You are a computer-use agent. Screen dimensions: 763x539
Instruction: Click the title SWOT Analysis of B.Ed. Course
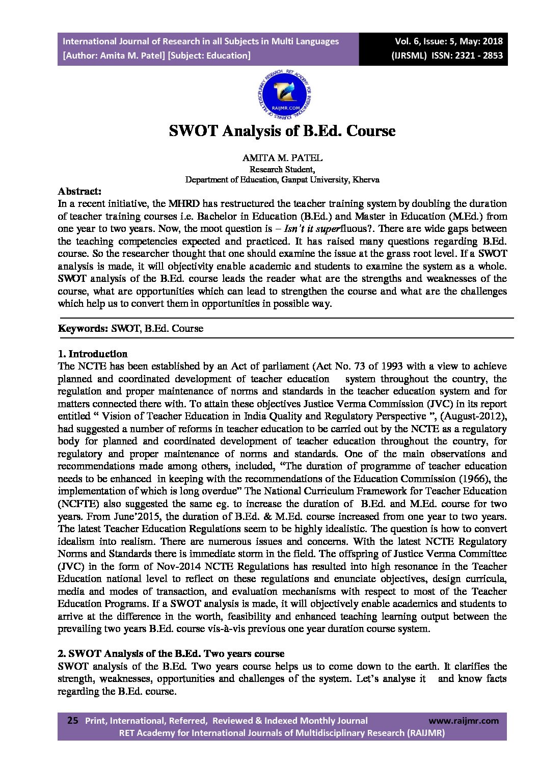(282, 131)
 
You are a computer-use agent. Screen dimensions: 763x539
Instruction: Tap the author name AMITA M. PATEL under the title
(282, 158)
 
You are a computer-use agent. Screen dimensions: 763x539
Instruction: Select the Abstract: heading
(79, 192)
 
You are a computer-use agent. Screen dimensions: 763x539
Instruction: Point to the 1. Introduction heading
(93, 354)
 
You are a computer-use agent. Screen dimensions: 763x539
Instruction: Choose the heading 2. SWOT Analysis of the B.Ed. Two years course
(171, 654)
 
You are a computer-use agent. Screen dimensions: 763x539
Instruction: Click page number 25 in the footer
(73, 720)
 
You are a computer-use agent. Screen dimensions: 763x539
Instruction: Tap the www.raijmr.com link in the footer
(464, 721)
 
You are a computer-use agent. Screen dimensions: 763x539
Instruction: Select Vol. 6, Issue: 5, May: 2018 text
(448, 42)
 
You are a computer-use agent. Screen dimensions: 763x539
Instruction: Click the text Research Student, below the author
(282, 169)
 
